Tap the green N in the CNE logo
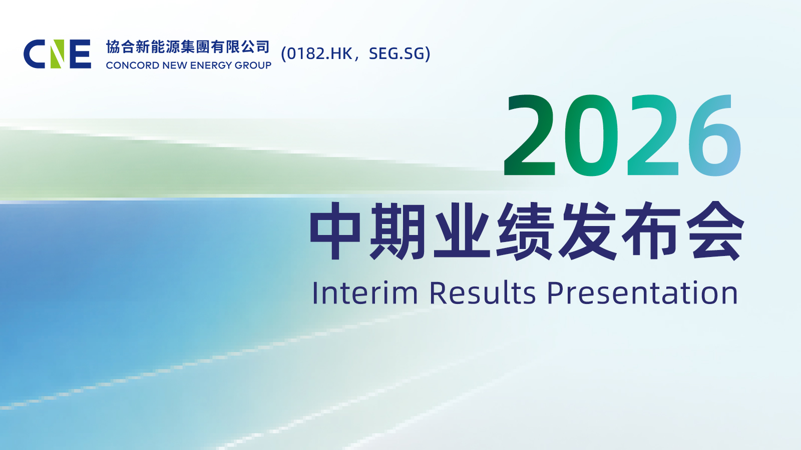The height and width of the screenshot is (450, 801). pos(57,54)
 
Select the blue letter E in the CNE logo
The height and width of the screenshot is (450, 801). pos(81,54)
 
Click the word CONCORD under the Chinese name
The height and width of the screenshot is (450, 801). pos(133,65)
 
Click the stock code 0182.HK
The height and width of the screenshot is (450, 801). pos(320,53)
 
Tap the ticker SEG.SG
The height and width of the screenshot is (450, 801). pos(396,53)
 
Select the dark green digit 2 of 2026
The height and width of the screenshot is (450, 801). pos(530,135)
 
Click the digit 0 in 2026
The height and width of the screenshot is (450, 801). pos(591,135)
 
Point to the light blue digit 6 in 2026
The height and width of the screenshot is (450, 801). pos(715,135)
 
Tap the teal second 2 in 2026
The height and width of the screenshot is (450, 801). pos(653,135)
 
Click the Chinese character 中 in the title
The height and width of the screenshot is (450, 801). pos(335,231)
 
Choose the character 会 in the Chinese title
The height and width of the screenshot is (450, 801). pos(716,231)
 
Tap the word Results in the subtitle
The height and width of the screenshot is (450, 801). pos(483,293)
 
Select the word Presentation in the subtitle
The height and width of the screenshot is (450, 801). pos(643,293)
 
